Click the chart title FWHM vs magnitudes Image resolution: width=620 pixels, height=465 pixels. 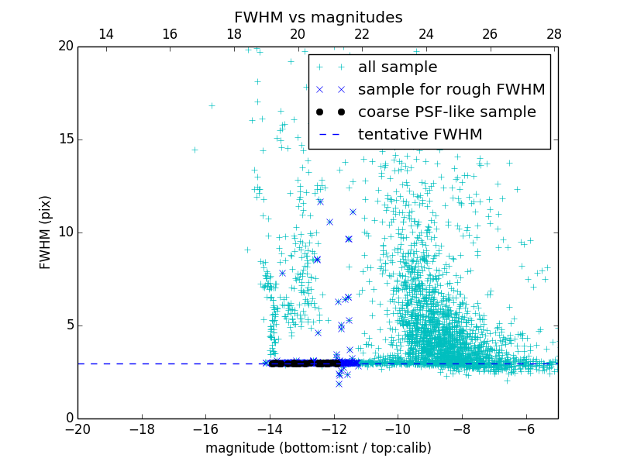[318, 17]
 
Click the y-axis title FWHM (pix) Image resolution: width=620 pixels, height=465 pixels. [46, 232]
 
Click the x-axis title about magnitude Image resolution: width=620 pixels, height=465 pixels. [318, 448]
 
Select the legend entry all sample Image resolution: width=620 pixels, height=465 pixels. [397, 67]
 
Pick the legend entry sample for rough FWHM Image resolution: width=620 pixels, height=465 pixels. [451, 90]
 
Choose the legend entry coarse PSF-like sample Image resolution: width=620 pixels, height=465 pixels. [446, 112]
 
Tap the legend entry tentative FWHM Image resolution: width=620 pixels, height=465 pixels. [419, 135]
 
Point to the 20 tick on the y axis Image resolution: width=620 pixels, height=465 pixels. [64, 46]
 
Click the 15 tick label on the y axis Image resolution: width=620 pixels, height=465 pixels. [64, 139]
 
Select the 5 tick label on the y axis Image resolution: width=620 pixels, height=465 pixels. [68, 325]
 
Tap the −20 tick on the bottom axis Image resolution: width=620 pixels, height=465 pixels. [77, 429]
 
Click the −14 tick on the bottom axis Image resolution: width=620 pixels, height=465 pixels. [270, 429]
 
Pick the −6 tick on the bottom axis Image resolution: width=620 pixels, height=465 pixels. [526, 429]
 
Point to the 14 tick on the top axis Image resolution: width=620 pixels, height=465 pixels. [106, 34]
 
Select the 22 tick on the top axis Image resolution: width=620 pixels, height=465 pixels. [362, 34]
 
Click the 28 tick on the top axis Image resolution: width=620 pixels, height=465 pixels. [553, 34]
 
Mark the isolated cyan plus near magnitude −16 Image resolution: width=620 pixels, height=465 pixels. [212, 105]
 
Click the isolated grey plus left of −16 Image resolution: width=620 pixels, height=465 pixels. [195, 150]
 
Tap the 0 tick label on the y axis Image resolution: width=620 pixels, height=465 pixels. [68, 418]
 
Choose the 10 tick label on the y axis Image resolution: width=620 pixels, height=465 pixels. [64, 232]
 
